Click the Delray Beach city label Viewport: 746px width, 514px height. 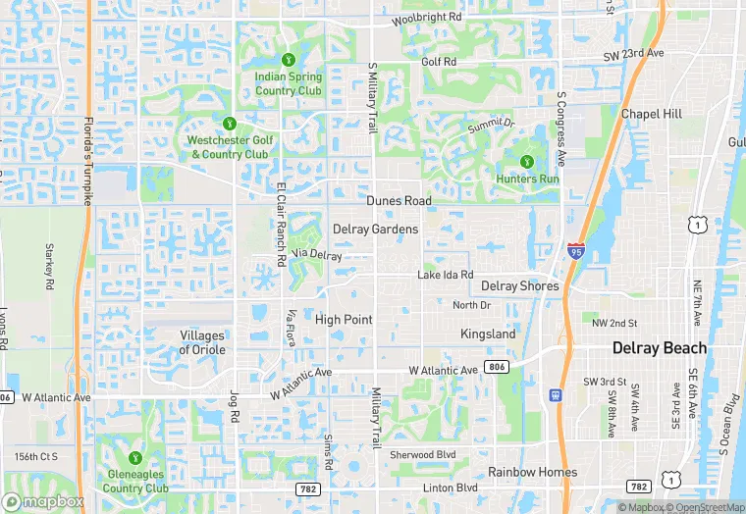pos(659,348)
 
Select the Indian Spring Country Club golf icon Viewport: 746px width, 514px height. pos(289,60)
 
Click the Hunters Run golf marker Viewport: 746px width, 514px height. pos(526,162)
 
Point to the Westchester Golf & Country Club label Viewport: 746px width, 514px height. pos(229,147)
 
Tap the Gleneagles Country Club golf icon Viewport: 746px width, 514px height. pos(135,458)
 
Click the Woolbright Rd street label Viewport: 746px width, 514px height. pos(426,19)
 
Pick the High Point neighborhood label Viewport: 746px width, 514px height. pos(344,320)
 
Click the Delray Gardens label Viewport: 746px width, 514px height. pos(375,230)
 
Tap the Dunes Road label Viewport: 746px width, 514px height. pos(399,201)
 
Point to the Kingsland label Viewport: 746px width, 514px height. pos(488,334)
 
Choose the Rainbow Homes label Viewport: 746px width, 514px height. pos(533,472)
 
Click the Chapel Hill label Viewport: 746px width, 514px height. pos(651,115)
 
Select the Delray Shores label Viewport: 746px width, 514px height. pos(519,286)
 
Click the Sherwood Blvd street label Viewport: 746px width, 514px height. pos(423,455)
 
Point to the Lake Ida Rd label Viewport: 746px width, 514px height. pos(445,276)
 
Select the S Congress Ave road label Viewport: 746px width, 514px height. pos(561,128)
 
